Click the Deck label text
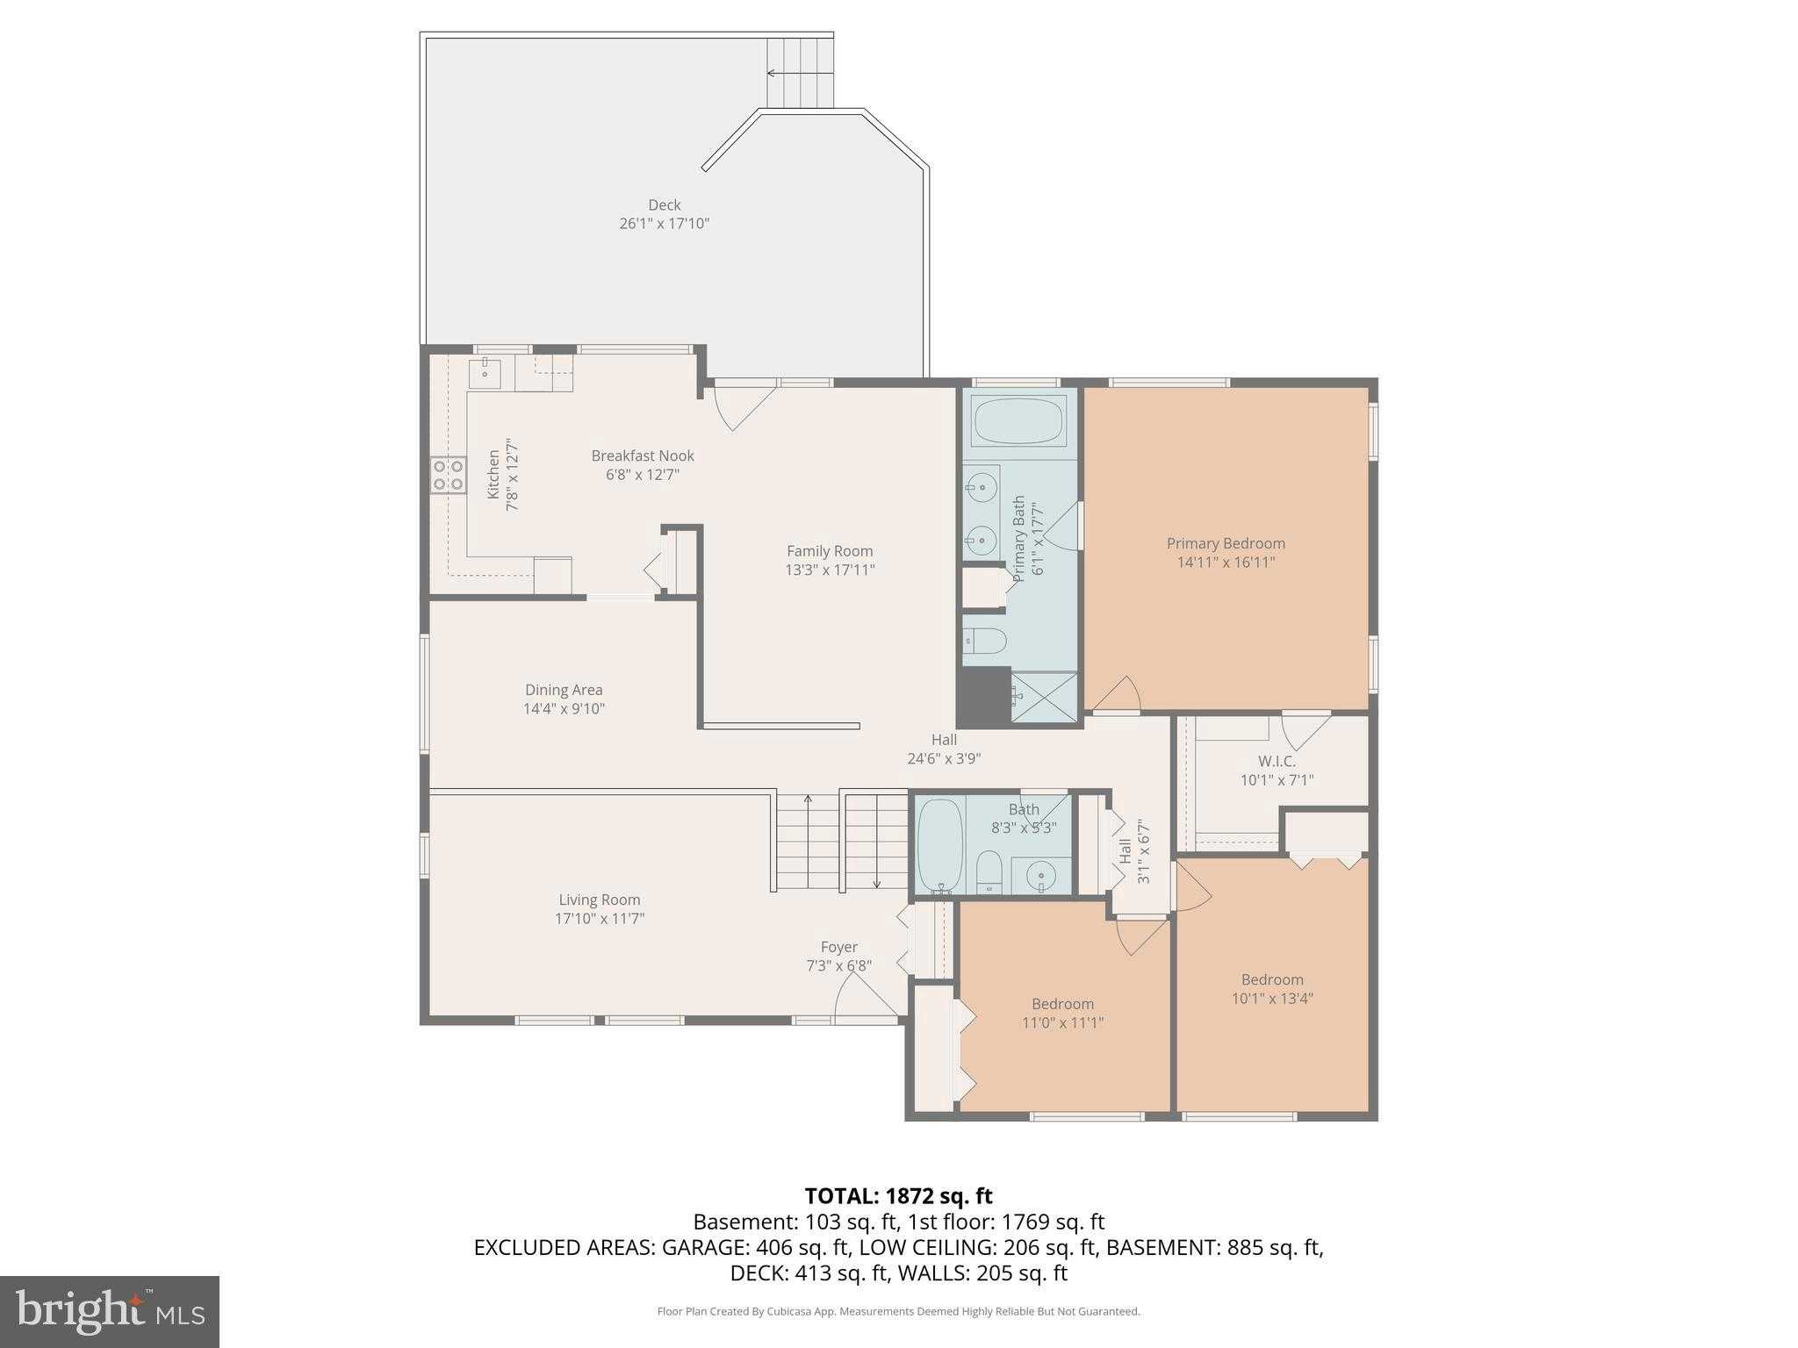tap(665, 205)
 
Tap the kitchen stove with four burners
tap(448, 476)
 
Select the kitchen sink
tap(485, 373)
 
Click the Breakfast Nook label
tap(643, 455)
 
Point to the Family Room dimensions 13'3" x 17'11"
tap(830, 570)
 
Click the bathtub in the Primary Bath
tap(1019, 420)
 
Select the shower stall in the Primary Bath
tap(1045, 697)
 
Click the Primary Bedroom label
tap(1226, 543)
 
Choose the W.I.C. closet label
tap(1277, 761)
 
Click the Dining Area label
tap(564, 690)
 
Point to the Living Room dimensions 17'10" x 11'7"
tap(600, 919)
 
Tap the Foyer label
tap(838, 947)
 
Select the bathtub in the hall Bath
tap(939, 845)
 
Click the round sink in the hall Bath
tap(1040, 875)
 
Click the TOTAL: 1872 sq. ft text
tap(898, 1195)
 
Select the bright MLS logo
tap(110, 1311)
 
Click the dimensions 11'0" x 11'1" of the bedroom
tap(1062, 1022)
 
